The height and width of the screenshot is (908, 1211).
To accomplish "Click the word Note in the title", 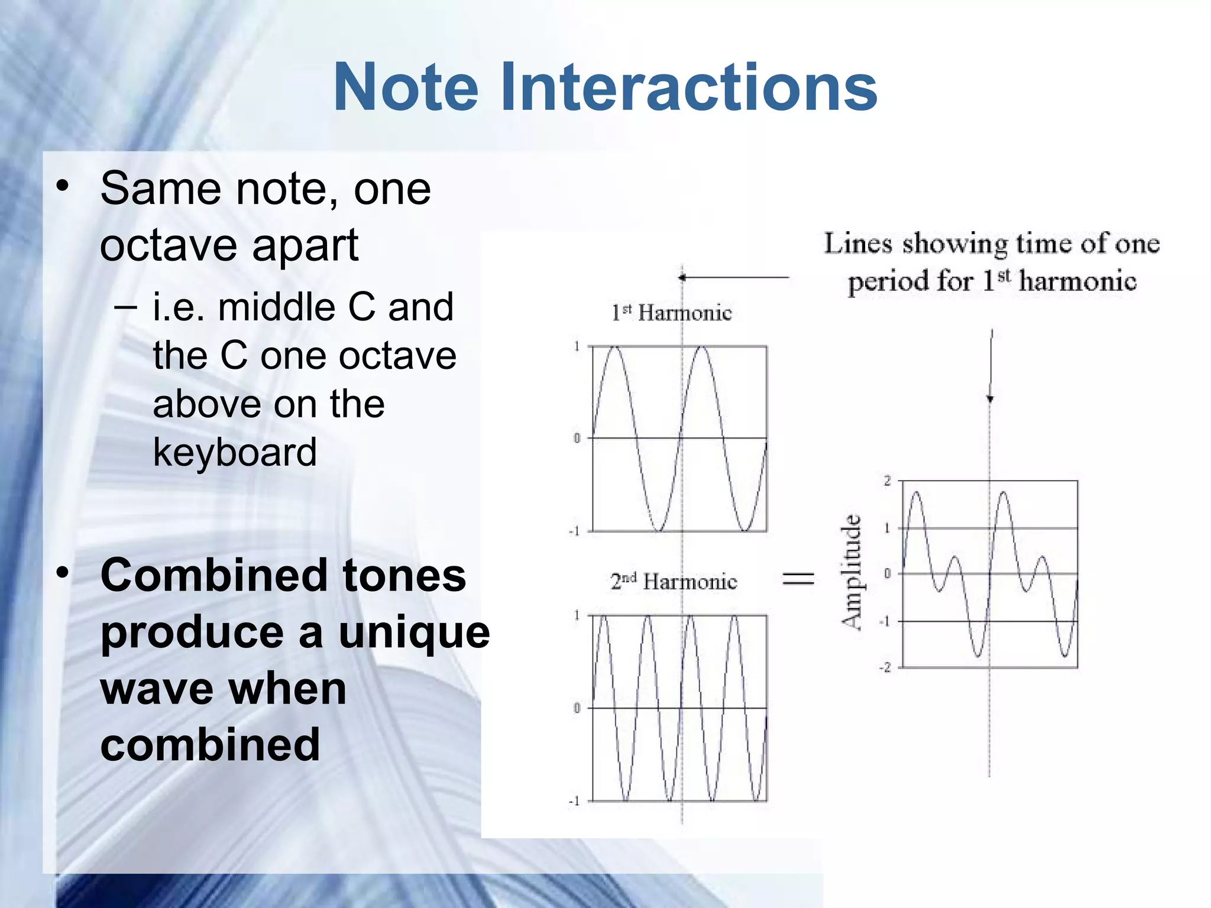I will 406,87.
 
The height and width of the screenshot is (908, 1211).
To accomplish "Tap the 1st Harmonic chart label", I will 671,313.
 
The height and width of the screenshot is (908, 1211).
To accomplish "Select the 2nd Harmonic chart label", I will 674,582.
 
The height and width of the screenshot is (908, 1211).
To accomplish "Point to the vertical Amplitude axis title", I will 852,572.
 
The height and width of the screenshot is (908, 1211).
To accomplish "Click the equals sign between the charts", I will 798,578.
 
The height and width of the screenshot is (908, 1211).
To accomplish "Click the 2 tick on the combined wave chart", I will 887,481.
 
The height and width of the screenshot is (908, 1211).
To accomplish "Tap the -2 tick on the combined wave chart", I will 885,667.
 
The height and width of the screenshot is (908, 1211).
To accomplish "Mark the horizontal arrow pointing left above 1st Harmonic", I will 733,277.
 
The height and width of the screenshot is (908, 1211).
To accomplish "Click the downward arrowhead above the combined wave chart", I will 990,398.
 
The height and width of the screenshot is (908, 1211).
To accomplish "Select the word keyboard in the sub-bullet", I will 235,452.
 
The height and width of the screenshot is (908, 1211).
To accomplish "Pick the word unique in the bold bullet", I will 414,632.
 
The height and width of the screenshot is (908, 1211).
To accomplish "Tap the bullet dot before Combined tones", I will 63,572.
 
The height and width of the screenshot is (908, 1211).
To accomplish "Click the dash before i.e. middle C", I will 125,307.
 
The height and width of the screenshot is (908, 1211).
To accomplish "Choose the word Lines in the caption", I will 858,244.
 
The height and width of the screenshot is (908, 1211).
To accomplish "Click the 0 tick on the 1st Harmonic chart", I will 577,438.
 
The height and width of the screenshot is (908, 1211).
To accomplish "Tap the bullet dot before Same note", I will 63,187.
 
